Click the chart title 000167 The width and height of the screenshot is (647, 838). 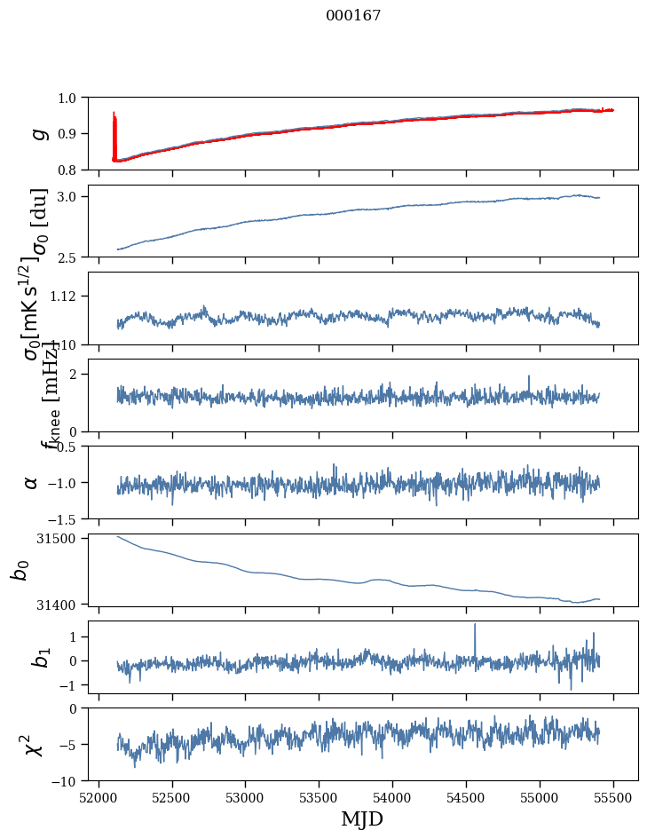click(353, 15)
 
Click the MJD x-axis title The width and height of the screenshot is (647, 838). click(362, 819)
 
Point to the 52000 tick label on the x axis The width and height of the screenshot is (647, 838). click(99, 796)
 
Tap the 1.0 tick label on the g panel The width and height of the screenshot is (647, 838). click(77, 98)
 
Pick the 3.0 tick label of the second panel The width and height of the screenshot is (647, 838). click(77, 196)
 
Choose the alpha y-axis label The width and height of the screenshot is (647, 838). click(31, 482)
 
